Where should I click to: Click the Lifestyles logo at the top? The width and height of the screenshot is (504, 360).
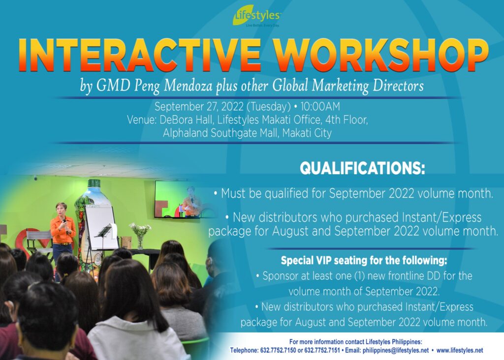click(257, 16)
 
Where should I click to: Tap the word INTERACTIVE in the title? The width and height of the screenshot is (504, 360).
click(139, 55)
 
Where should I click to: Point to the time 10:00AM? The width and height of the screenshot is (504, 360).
click(320, 106)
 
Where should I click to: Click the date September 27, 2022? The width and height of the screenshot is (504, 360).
click(199, 106)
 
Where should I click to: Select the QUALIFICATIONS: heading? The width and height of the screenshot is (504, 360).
click(362, 168)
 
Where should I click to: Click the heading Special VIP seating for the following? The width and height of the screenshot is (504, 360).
click(364, 261)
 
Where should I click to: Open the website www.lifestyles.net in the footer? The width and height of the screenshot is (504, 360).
click(460, 350)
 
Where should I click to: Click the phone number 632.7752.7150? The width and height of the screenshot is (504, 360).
click(278, 350)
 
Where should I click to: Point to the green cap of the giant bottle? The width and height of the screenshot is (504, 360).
click(94, 183)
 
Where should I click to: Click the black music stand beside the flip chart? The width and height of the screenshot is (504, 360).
click(103, 238)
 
